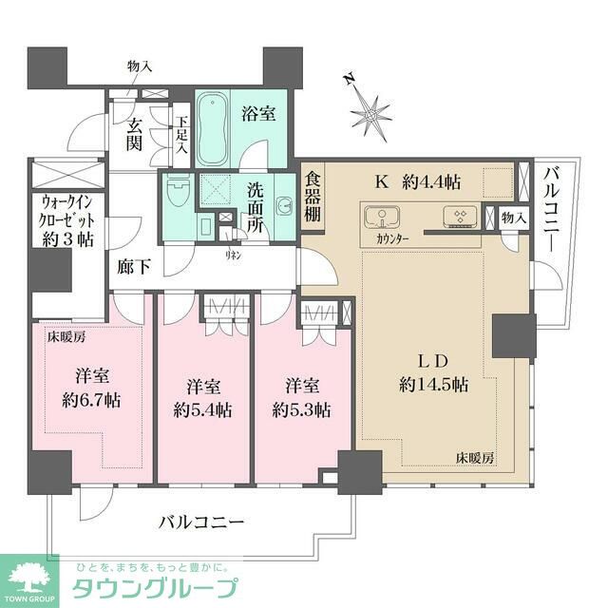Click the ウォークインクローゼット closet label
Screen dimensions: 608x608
pyautogui.click(x=66, y=220)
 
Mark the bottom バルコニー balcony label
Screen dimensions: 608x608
pyautogui.click(x=201, y=522)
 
